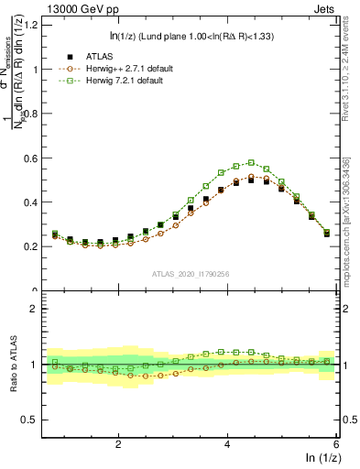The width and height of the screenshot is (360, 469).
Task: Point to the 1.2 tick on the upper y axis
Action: (31, 25)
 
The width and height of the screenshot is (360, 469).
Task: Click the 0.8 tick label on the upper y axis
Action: (31, 114)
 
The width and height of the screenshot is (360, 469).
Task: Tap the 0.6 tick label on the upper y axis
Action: (31, 158)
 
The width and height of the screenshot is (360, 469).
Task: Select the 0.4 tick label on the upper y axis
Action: (31, 202)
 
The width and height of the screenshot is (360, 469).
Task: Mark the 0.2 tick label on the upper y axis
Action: (31, 246)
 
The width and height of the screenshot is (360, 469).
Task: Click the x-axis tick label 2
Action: (118, 444)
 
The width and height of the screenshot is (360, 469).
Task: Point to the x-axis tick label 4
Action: (227, 444)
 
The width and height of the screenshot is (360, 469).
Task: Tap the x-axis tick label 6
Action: (335, 444)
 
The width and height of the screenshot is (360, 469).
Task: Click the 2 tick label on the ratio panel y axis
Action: (35, 309)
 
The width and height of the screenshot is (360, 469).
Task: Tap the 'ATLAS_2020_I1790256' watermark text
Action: (191, 273)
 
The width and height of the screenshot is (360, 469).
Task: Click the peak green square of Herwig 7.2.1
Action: (251, 163)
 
